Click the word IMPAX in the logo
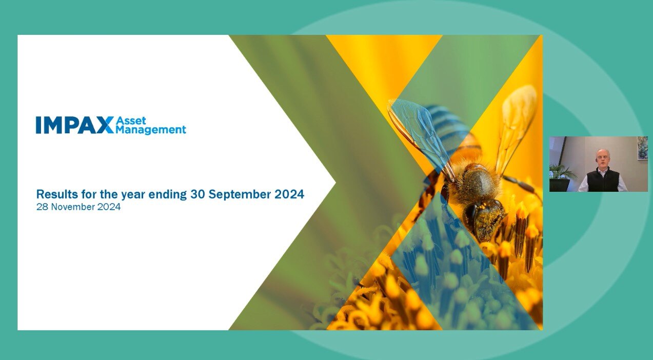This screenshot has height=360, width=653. pyautogui.click(x=74, y=125)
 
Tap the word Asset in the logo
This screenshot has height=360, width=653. pyautogui.click(x=131, y=121)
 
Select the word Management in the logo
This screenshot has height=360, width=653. pyautogui.click(x=151, y=130)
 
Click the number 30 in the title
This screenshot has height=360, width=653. pyautogui.click(x=197, y=194)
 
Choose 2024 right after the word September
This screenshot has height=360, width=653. pyautogui.click(x=290, y=194)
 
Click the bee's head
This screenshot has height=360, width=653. pyautogui.click(x=484, y=218)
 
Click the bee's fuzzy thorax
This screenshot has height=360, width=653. pyautogui.click(x=474, y=182)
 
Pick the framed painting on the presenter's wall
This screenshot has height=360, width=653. pyautogui.click(x=642, y=148)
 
